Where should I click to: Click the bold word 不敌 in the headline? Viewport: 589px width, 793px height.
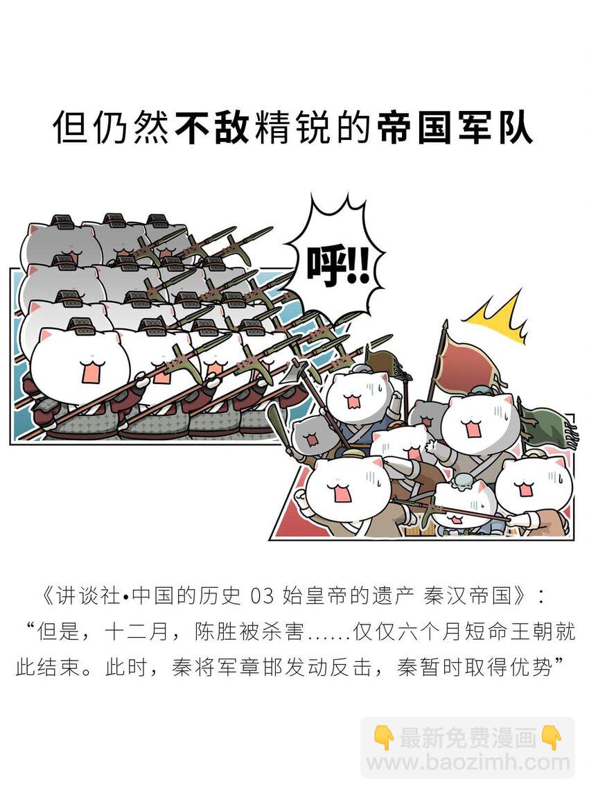point(212,129)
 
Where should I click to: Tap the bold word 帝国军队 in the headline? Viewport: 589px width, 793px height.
point(455,129)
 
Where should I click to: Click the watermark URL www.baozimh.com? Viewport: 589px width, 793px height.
point(468,762)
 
